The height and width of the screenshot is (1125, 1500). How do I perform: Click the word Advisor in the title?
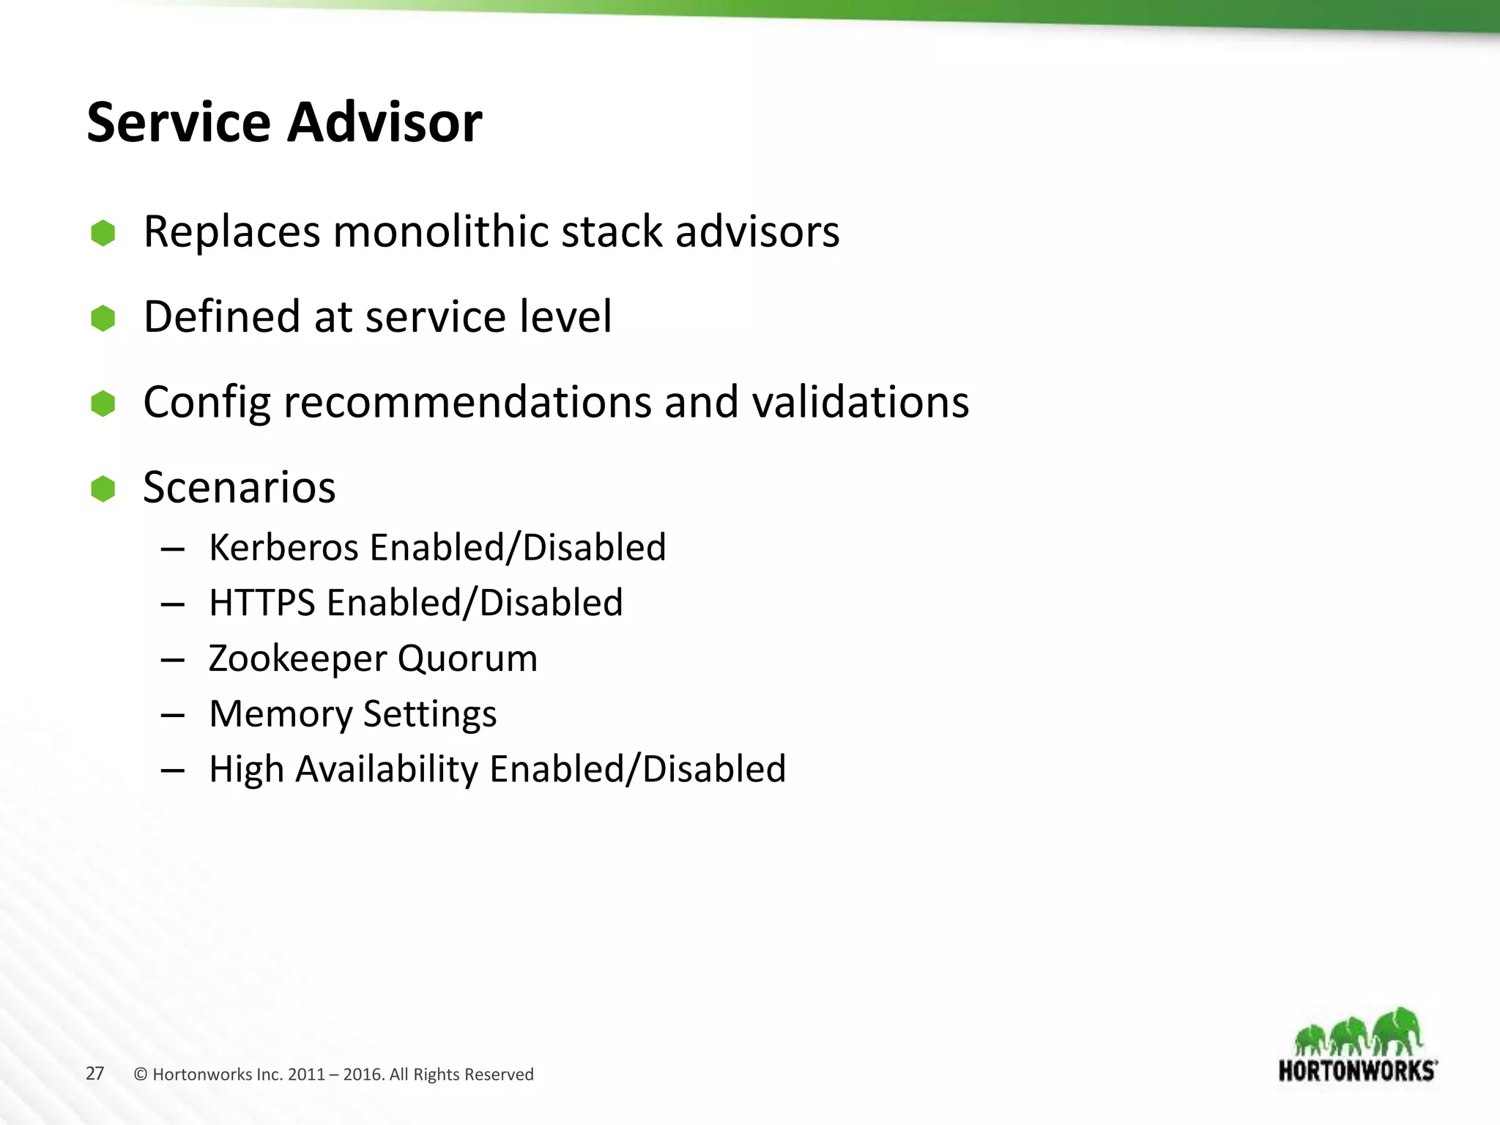coord(385,122)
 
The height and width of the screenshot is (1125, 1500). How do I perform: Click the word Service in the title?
coord(179,122)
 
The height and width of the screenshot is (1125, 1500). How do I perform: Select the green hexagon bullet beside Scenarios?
coord(103,489)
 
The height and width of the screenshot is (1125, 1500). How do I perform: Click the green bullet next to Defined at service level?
coord(103,318)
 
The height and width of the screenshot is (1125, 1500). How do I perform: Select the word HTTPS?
coord(261,603)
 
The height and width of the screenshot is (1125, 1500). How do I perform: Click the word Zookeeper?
coord(297,658)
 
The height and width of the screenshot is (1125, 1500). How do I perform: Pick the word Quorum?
coord(468,658)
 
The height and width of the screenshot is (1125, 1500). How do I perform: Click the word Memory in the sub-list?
coord(281,714)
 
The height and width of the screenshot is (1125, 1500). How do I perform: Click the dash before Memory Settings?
coord(172,715)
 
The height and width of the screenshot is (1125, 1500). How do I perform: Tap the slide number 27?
coord(95,1074)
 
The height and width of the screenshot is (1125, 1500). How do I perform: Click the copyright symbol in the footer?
coord(141,1074)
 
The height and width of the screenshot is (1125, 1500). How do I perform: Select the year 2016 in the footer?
coord(363,1074)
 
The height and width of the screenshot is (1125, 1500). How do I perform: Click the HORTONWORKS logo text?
coord(1357,1071)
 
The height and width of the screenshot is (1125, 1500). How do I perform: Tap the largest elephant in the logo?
coord(1397,1029)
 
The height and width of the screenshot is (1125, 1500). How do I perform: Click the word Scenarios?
coord(240,488)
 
